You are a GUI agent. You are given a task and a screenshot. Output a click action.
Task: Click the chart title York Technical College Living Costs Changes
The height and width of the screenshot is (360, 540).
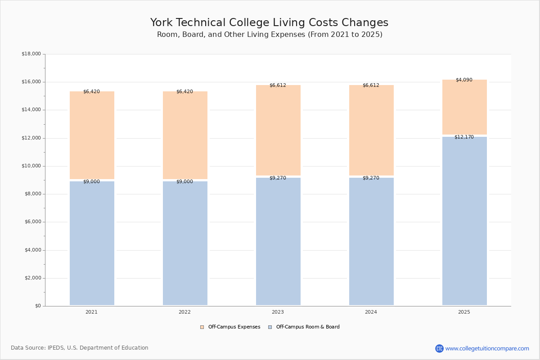point(269,23)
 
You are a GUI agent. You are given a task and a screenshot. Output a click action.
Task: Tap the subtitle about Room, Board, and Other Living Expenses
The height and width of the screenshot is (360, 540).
point(270,35)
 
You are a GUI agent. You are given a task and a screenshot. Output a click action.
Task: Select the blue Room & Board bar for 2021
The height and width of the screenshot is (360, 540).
point(92,243)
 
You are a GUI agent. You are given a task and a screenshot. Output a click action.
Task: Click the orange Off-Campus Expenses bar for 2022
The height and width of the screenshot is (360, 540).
point(185,135)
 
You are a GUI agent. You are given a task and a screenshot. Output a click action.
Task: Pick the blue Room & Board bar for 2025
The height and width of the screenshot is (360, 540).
point(464,220)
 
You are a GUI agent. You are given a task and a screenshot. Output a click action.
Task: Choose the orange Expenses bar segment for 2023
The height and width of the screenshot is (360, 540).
point(278,130)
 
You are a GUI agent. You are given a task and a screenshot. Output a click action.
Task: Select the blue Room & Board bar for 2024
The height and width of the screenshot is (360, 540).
point(371,241)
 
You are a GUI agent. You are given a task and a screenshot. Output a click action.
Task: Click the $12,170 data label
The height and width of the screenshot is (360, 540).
point(464,137)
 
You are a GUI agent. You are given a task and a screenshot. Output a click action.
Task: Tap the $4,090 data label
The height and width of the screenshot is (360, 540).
point(464,80)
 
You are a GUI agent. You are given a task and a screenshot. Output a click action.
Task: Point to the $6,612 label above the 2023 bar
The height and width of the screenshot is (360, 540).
point(278,85)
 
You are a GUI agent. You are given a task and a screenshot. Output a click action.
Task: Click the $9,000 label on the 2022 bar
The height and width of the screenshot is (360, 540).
point(184,182)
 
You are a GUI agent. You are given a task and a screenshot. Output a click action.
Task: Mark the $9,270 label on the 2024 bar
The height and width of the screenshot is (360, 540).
point(371,178)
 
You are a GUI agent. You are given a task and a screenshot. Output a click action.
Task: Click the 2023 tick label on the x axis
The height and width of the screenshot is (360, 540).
point(278,312)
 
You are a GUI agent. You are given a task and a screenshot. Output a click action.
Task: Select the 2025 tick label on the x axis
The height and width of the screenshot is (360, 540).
point(464,312)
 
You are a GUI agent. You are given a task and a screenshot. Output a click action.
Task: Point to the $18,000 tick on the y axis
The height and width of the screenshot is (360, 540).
point(31,54)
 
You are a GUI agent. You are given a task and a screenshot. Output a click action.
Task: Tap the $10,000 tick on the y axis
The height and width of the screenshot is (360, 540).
point(31,166)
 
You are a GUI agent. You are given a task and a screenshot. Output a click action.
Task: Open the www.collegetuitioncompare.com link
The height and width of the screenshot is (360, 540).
point(487,348)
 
